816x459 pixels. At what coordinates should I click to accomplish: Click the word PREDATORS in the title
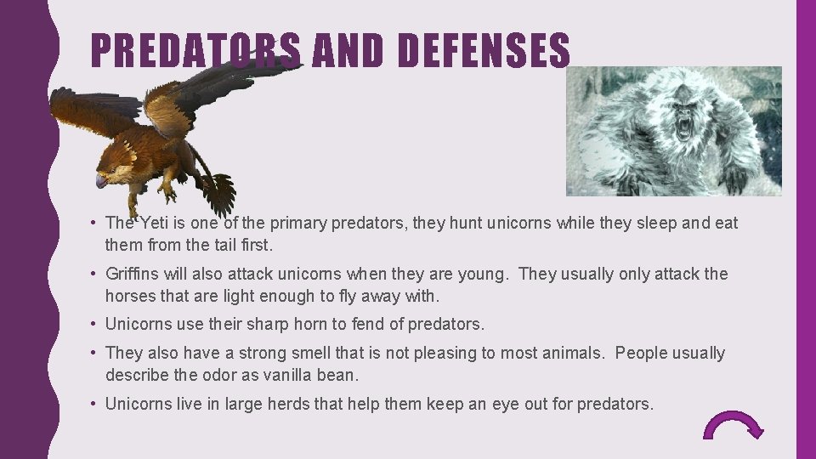[195, 51]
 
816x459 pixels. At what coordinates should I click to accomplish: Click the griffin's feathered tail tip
[221, 194]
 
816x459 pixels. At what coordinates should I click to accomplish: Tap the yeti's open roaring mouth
[683, 128]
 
